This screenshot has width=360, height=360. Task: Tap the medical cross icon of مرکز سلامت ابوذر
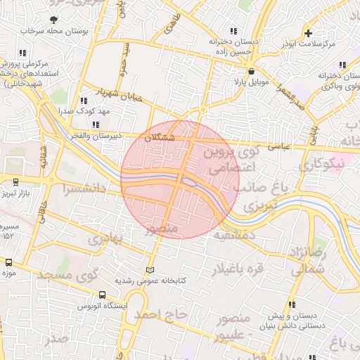(x=308, y=32)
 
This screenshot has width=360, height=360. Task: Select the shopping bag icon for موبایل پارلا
(x=251, y=71)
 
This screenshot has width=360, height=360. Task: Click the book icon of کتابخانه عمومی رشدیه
(x=148, y=270)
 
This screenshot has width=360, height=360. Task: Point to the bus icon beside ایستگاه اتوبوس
(x=103, y=296)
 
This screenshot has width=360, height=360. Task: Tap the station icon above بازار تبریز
(x=15, y=183)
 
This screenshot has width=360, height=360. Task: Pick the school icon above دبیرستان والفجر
(x=97, y=124)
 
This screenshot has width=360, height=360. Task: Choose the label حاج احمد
(x=163, y=314)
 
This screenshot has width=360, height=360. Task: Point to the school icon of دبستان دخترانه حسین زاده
(x=233, y=31)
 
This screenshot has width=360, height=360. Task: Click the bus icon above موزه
(x=8, y=262)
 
